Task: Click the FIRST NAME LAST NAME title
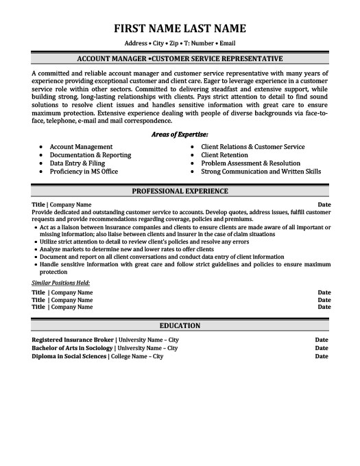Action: (180, 28)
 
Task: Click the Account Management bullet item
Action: (81, 147)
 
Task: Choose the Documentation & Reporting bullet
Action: (90, 155)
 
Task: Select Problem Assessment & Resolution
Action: (250, 163)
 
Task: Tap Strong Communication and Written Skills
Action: (261, 172)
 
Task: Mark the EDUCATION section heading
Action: (180, 325)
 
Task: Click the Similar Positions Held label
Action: (61, 264)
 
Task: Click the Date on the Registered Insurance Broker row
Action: (321, 339)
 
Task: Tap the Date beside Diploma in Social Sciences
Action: (321, 356)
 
